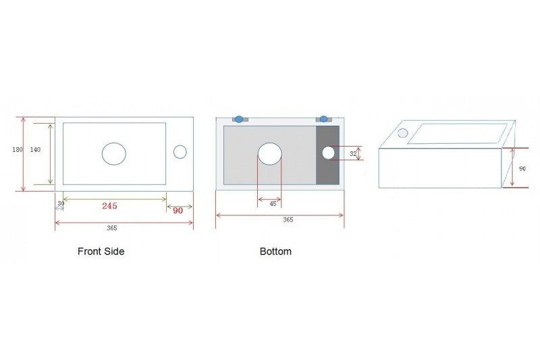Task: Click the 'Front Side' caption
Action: coord(101,251)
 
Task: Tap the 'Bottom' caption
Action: coord(275,251)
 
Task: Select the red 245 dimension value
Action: coord(109,205)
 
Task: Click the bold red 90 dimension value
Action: coord(178,211)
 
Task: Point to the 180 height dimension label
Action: coord(18,149)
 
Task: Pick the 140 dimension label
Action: coord(35,149)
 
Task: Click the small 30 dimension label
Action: coord(61,203)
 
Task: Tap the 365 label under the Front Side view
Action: coord(112,228)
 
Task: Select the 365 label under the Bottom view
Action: coord(288,220)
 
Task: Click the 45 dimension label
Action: coord(273,204)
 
